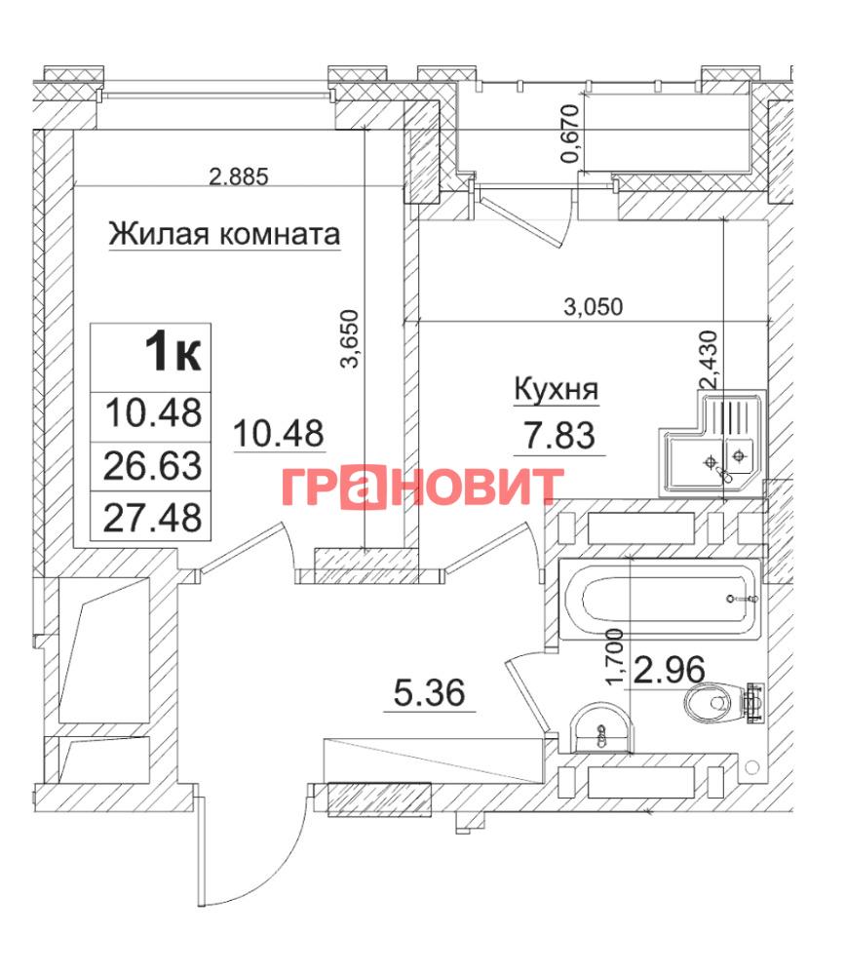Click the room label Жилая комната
coord(224,234)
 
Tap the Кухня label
coord(556,389)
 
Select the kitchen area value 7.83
coord(559,435)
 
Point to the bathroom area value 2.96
coord(669,670)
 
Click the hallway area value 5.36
coord(430,692)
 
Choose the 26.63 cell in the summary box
coord(152,466)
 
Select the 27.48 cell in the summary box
coord(152,518)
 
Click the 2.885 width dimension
coord(239,176)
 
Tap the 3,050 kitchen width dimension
coord(593,306)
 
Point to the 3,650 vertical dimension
coord(351,339)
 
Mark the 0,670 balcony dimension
coord(570,134)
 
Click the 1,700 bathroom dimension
coord(614,656)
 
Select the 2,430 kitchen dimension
coord(709,360)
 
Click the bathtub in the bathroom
coord(660,600)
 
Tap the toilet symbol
coord(723,703)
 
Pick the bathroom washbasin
coord(600,728)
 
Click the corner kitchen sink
coord(711,443)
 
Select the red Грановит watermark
coord(422,487)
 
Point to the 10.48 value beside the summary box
coord(279,434)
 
